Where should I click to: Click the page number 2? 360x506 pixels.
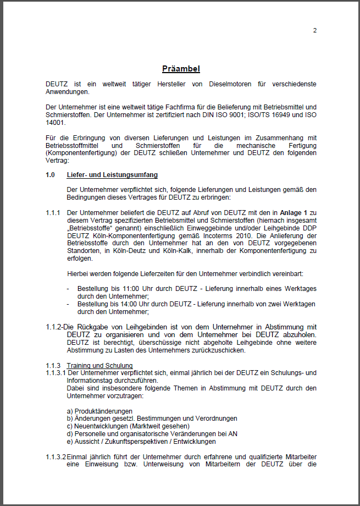(x=315, y=30)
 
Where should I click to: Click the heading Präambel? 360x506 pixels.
(x=181, y=69)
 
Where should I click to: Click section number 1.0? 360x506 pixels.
(x=51, y=175)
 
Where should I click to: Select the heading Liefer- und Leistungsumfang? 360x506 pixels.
(x=112, y=175)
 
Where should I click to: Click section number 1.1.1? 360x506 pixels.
(x=53, y=212)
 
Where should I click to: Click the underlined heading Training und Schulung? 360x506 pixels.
(x=99, y=365)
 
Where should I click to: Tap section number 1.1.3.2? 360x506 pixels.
(x=56, y=457)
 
